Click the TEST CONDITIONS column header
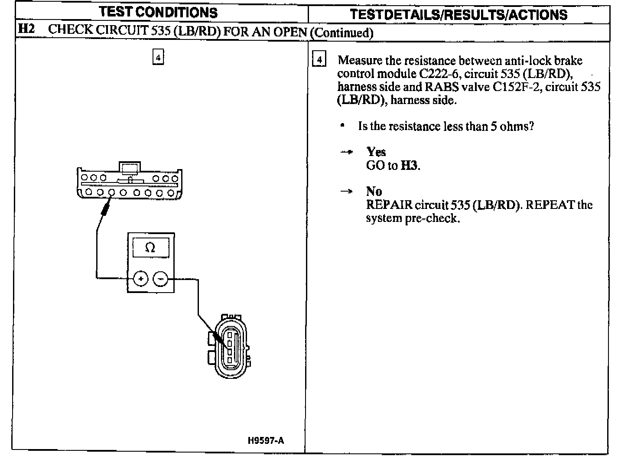(x=158, y=13)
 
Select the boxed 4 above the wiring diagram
(x=158, y=57)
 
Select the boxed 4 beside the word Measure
(x=319, y=60)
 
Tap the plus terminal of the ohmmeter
(x=140, y=279)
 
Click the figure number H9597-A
(x=266, y=441)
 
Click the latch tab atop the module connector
(x=129, y=168)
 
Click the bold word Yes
(x=376, y=152)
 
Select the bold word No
(x=374, y=191)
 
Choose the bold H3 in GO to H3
(x=410, y=166)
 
